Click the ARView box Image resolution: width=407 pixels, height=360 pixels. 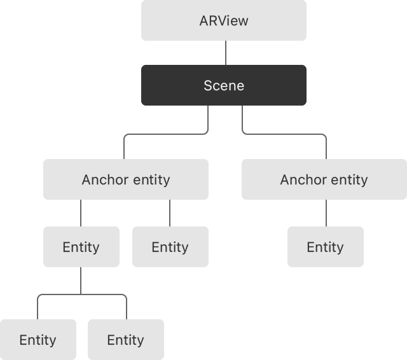click(x=223, y=20)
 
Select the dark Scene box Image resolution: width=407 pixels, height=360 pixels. click(x=223, y=85)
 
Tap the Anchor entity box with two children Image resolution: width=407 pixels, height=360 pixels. click(x=125, y=179)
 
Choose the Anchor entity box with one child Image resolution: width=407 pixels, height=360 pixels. click(x=324, y=179)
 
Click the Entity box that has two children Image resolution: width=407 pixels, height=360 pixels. click(x=81, y=247)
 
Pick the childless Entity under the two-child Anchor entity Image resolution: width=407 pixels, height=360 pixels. click(x=170, y=247)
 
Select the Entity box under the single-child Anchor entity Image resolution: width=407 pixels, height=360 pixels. click(x=325, y=247)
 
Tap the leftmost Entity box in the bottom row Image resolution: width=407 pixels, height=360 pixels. click(x=38, y=340)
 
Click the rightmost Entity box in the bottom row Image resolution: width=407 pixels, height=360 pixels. click(x=125, y=340)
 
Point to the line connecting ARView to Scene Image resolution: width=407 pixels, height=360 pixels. click(x=225, y=53)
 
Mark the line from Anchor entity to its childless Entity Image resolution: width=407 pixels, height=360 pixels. click(x=170, y=213)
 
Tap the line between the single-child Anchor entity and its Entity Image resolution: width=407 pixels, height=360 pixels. click(x=326, y=213)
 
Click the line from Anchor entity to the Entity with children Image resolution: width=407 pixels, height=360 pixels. click(x=81, y=213)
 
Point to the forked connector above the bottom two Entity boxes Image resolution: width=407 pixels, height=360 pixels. click(x=81, y=294)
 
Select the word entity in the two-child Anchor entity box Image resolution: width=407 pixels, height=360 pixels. click(x=151, y=179)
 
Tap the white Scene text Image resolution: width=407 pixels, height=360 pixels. click(x=223, y=85)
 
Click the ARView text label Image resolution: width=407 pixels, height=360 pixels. click(x=223, y=20)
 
